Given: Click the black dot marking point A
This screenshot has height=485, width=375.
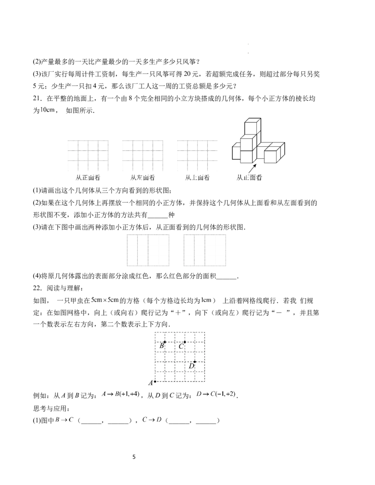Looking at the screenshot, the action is click(x=155, y=381).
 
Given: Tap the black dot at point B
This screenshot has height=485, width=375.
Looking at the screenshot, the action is click(x=165, y=342).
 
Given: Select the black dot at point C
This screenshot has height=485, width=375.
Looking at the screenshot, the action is click(x=185, y=342).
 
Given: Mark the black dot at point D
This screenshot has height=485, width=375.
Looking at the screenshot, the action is click(x=195, y=362).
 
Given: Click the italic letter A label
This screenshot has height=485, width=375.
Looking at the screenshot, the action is click(x=150, y=383).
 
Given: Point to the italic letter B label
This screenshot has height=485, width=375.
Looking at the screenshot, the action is click(x=161, y=346).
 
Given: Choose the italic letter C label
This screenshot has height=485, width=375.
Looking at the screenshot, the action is click(x=180, y=347).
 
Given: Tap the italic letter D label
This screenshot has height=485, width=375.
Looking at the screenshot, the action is click(x=191, y=366).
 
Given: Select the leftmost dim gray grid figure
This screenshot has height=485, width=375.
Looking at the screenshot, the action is click(x=88, y=155).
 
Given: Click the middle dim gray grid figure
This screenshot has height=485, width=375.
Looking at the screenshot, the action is click(x=142, y=155).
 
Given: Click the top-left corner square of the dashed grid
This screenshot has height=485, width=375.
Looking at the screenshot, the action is click(x=160, y=337).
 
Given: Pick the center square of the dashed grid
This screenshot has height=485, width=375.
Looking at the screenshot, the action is click(x=180, y=357).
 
